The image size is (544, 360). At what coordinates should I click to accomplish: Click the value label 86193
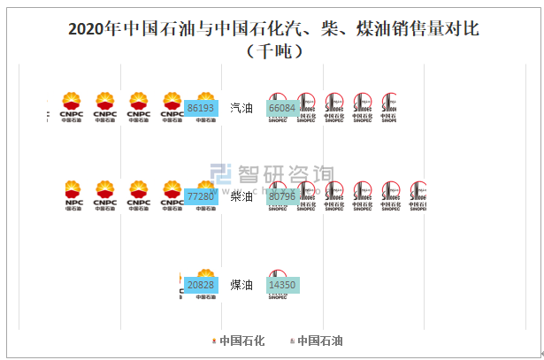pos(202,108)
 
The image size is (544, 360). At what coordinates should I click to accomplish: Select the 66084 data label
pos(282,108)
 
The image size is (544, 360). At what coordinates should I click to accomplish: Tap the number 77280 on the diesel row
pos(202,196)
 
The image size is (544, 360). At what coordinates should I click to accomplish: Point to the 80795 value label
pos(282,196)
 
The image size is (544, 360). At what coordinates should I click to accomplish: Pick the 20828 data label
pos(202,285)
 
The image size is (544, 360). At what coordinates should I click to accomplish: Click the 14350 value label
pos(282,285)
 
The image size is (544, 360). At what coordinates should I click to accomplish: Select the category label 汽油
pos(241,108)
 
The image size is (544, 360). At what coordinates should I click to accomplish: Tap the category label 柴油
pos(241,196)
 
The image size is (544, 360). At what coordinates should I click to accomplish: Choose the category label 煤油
pos(241,285)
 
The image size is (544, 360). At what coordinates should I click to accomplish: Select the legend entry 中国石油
pos(318,341)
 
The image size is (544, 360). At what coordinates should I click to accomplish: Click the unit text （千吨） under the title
pos(272,51)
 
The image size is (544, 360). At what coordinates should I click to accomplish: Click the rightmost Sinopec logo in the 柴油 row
pos(417,196)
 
